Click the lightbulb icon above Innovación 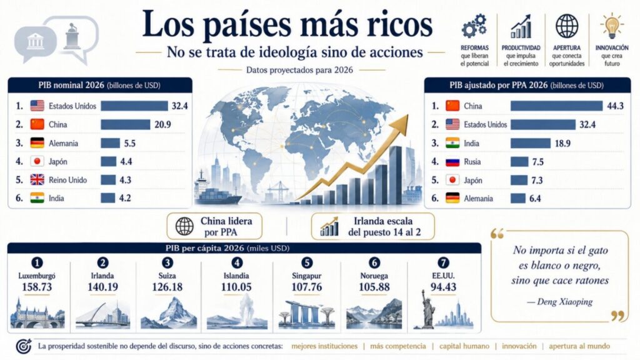(612, 26)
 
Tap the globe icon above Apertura (566, 26)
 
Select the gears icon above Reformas (474, 26)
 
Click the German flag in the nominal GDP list (37, 143)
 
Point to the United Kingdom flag (37, 179)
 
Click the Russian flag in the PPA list (452, 162)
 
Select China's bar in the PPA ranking (556, 106)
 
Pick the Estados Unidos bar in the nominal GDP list (134, 106)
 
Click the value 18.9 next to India (562, 143)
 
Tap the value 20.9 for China (162, 124)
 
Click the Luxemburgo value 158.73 (37, 287)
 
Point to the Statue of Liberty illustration (427, 308)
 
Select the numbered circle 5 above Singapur (306, 263)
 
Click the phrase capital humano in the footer (464, 346)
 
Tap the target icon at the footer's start (24, 346)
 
